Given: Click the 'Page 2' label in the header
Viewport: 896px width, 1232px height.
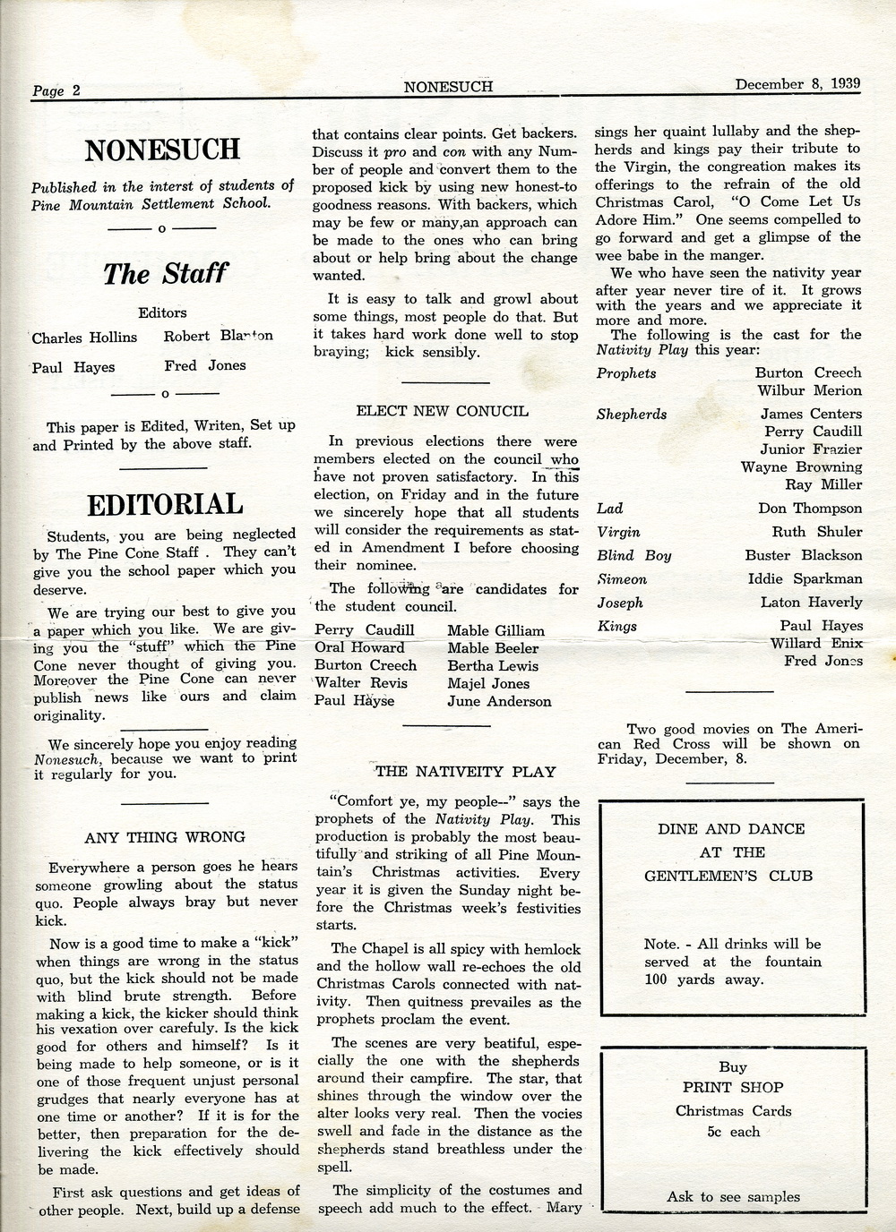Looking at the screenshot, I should [x=56, y=90].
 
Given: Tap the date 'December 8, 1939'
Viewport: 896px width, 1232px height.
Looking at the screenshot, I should [x=797, y=84].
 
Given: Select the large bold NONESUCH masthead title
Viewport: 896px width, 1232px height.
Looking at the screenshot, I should [x=162, y=150].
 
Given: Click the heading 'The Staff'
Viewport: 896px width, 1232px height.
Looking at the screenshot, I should [x=162, y=272].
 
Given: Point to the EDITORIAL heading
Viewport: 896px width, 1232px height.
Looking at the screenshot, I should [x=164, y=504].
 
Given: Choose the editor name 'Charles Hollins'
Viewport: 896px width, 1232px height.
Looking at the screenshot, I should [x=85, y=338].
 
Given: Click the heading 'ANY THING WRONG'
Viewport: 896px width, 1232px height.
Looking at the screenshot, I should [x=165, y=837].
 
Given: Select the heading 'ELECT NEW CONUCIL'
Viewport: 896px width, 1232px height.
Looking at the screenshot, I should [x=442, y=412].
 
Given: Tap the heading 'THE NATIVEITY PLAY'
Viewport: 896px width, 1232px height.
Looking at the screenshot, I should [x=466, y=771].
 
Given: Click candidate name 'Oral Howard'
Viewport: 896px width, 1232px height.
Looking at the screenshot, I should [x=359, y=647].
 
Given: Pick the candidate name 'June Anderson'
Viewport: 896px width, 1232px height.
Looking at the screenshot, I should [x=499, y=701].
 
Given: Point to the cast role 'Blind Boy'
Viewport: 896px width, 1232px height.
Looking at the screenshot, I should [x=633, y=555].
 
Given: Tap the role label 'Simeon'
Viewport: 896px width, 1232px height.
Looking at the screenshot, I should [x=622, y=579].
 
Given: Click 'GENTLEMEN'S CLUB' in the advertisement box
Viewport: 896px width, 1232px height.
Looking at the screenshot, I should [x=728, y=875].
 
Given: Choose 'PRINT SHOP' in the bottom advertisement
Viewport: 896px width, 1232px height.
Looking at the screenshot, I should [x=733, y=1087].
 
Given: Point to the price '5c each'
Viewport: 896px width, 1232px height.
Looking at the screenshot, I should [x=733, y=1132].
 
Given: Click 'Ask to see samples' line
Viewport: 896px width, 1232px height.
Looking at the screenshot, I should [x=733, y=1196].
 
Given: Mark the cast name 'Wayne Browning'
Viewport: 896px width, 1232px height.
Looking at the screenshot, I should [x=801, y=466].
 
